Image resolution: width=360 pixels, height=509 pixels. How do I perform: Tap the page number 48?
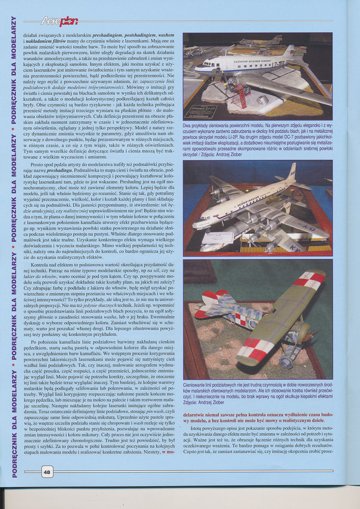click(x=46, y=472)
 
